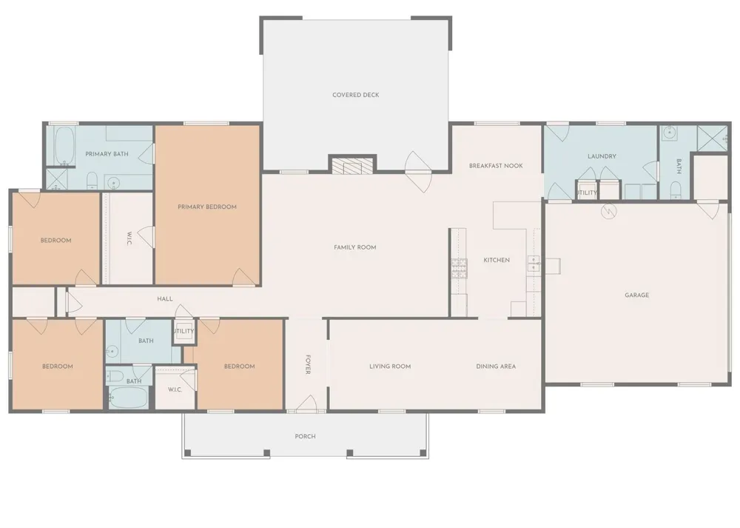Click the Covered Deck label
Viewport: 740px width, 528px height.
(355, 95)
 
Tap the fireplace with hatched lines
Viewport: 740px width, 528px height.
(352, 166)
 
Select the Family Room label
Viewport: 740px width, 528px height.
(355, 247)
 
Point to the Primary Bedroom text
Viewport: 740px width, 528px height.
(207, 207)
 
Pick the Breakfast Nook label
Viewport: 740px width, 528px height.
(496, 166)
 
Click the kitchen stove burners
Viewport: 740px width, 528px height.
(459, 268)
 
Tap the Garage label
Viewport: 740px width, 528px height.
(636, 295)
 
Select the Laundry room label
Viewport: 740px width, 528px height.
(602, 156)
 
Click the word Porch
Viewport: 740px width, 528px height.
(306, 436)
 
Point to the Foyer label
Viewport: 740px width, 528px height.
(308, 364)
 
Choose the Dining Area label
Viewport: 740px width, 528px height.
(496, 367)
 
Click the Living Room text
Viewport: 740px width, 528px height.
(390, 367)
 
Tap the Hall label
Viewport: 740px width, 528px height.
(165, 299)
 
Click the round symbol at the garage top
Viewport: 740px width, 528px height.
(608, 210)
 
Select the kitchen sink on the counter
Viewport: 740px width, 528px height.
(534, 264)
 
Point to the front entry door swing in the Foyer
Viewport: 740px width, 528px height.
(307, 403)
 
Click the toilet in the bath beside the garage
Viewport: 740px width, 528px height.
(676, 190)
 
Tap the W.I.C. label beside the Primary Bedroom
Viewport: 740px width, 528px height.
(129, 238)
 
